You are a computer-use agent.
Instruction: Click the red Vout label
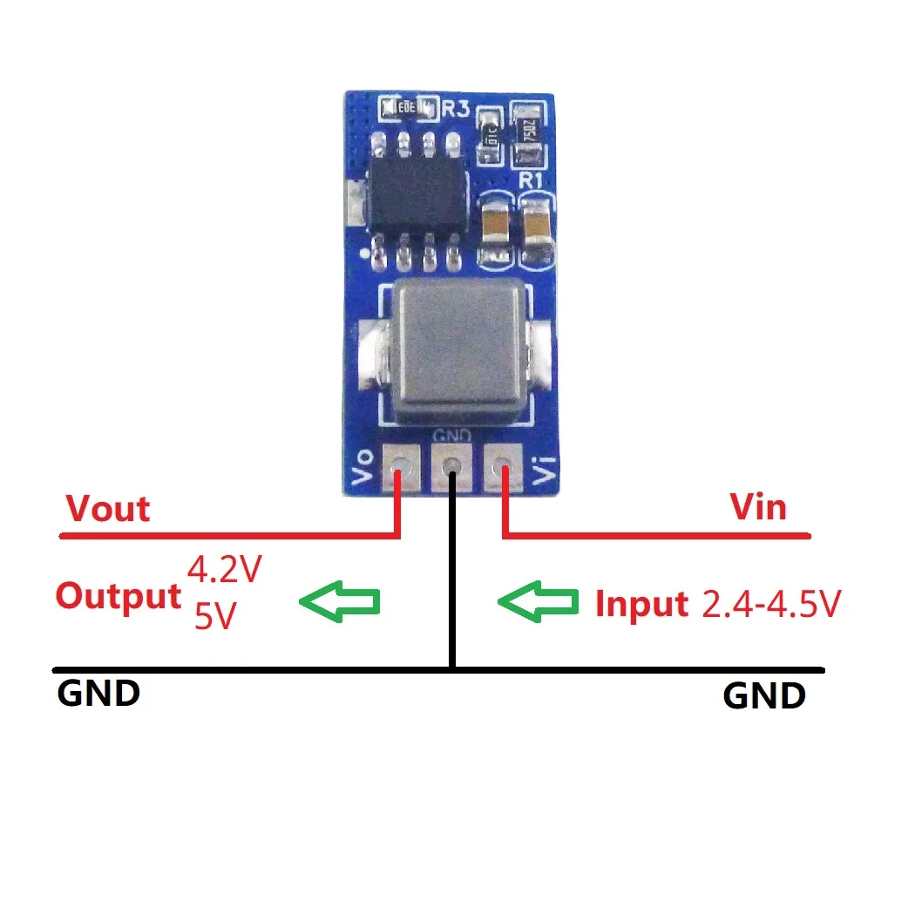[x=108, y=508]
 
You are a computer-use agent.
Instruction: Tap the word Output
[x=118, y=597]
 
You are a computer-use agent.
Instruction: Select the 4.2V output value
[x=225, y=570]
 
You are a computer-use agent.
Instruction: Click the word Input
[x=641, y=604]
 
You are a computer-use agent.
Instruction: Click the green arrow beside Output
[x=340, y=600]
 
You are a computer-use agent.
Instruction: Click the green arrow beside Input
[x=538, y=600]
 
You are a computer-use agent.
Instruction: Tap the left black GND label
[x=98, y=695]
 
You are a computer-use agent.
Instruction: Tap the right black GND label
[x=764, y=696]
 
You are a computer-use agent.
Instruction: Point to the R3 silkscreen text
[x=456, y=109]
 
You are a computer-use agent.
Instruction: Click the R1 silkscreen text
[x=532, y=181]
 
